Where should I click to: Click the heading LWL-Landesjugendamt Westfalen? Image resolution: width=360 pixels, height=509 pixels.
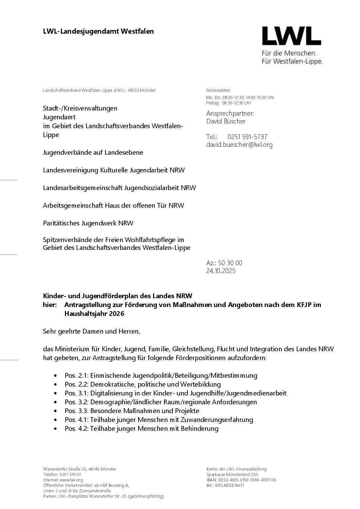pos(98,32)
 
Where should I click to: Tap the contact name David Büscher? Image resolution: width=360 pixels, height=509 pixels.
pos(226,121)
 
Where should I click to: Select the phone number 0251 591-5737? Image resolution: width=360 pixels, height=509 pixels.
pos(247,137)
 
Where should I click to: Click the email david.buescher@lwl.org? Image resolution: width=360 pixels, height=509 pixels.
pos(239,145)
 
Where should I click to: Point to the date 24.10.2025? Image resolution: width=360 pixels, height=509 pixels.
pos(220,271)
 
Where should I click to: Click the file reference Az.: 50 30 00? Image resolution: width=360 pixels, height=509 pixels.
pos(224,263)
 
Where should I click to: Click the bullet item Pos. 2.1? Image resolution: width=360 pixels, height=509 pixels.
pos(161,376)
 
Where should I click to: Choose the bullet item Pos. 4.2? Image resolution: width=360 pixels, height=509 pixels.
pos(141,429)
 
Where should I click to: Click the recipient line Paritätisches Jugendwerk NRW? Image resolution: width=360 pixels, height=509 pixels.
pos(88,223)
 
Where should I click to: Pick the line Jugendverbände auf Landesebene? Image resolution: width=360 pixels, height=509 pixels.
pos(93,153)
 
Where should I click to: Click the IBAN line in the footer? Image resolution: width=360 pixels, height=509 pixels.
pos(241,480)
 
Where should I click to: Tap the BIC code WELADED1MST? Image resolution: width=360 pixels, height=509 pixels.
pos(225,486)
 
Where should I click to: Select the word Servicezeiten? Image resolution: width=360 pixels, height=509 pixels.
pos(218,90)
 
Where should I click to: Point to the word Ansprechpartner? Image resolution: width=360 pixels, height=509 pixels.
pos(230,114)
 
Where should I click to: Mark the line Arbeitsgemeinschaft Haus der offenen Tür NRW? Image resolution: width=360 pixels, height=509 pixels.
pos(113,206)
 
